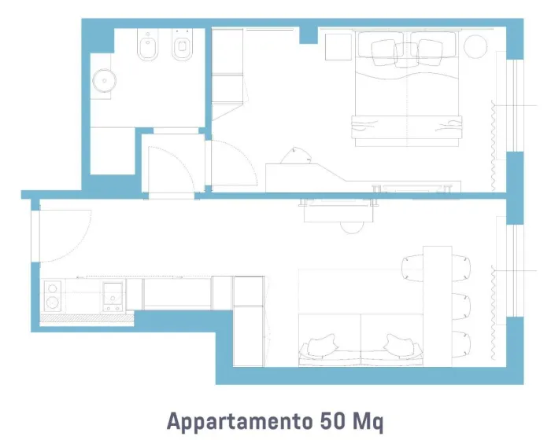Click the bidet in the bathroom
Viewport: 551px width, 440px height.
[x=148, y=45]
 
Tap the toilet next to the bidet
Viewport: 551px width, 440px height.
[x=182, y=45]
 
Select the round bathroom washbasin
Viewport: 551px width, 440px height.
[x=105, y=80]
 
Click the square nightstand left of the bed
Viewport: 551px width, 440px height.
[x=338, y=47]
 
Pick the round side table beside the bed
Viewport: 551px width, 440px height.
[x=475, y=46]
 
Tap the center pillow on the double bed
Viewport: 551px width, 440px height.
[x=407, y=55]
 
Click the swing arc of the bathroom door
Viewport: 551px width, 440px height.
[x=179, y=157]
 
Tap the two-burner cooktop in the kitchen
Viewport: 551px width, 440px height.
[x=53, y=295]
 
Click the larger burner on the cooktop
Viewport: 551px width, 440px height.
[x=53, y=302]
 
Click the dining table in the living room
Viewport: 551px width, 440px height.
[x=437, y=306]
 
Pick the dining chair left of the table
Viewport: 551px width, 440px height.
[x=412, y=267]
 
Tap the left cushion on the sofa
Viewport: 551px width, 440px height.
[x=322, y=345]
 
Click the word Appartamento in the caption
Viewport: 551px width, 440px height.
[x=239, y=421]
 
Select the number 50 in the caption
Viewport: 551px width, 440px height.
[x=332, y=420]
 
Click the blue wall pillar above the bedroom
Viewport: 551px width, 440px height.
[x=309, y=35]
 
